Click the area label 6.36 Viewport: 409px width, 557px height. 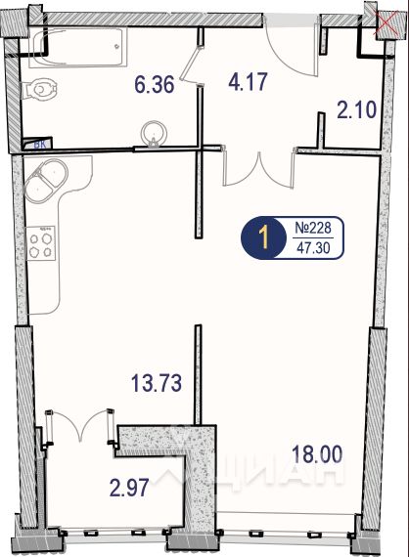155,85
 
